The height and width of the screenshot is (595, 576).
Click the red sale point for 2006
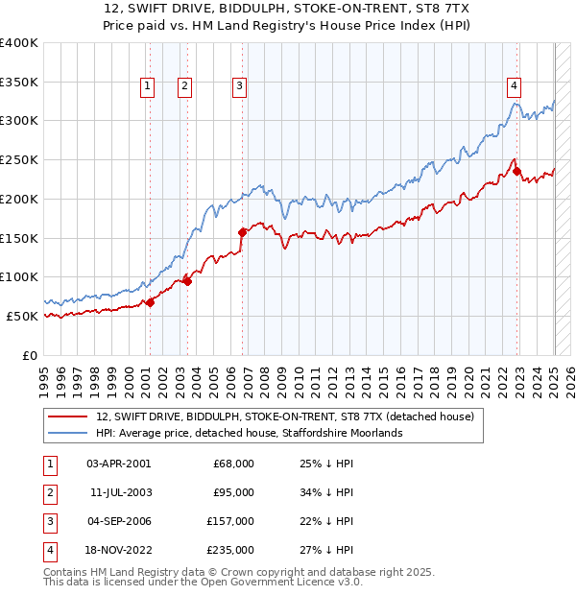pos(242,231)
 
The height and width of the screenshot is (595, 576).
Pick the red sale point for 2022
pos(516,173)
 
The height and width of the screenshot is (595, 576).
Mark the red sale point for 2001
pos(150,302)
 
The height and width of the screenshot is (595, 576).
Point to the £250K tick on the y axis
pos(20,159)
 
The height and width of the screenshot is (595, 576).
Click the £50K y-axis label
pos(23,316)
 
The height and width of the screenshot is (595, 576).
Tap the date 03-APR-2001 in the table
pos(118,464)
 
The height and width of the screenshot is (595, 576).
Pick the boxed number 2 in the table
pos(48,492)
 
